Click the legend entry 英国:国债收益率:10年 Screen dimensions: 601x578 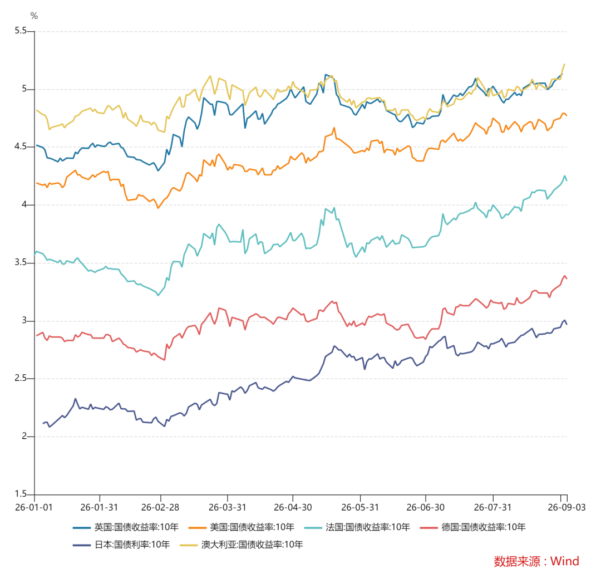tap(126, 527)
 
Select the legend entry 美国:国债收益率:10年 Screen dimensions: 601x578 tap(242, 527)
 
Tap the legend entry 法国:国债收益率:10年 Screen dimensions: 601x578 tap(357, 527)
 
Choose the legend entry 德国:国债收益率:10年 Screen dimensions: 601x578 tap(473, 527)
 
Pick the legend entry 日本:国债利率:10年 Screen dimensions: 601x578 tap(121, 545)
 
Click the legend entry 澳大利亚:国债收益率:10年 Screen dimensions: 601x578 tap(242, 545)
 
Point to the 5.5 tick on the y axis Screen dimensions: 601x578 tap(21, 31)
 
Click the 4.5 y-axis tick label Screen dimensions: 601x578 tap(21, 146)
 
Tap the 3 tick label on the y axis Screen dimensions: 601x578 tap(24, 320)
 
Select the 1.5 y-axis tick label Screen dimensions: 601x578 tap(21, 493)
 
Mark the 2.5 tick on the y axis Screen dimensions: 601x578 tap(21, 378)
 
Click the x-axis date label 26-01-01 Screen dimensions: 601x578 tap(34, 507)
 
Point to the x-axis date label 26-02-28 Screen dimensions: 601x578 tap(160, 507)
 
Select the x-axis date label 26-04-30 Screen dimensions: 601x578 tap(293, 507)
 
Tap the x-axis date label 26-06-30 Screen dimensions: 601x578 tap(426, 507)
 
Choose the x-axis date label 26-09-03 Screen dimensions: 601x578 tap(567, 507)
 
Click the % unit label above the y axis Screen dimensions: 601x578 tap(34, 16)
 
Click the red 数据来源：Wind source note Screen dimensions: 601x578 tap(536, 561)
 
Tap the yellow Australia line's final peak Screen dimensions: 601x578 tap(565, 64)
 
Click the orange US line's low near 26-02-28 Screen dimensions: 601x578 tap(158, 208)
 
